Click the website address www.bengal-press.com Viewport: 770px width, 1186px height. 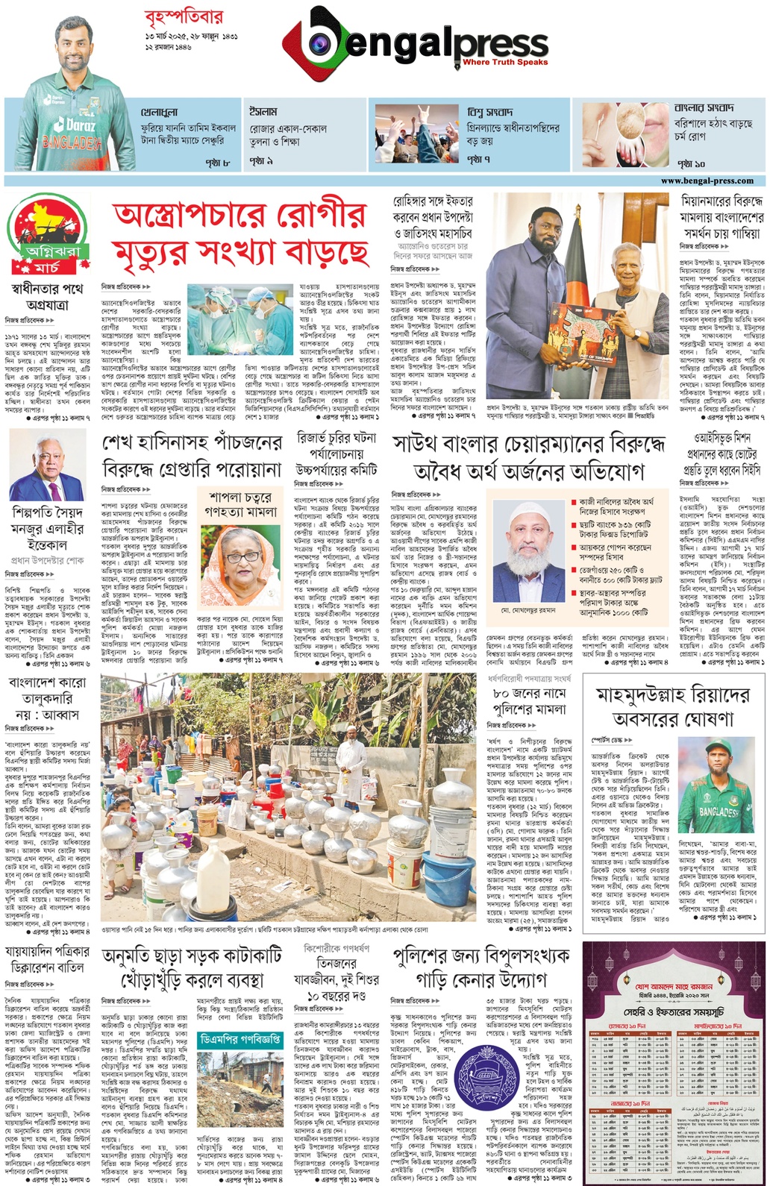tap(707, 181)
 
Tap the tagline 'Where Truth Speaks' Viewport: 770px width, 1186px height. tap(504, 63)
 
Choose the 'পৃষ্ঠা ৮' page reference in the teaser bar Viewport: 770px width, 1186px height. tap(217, 161)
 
